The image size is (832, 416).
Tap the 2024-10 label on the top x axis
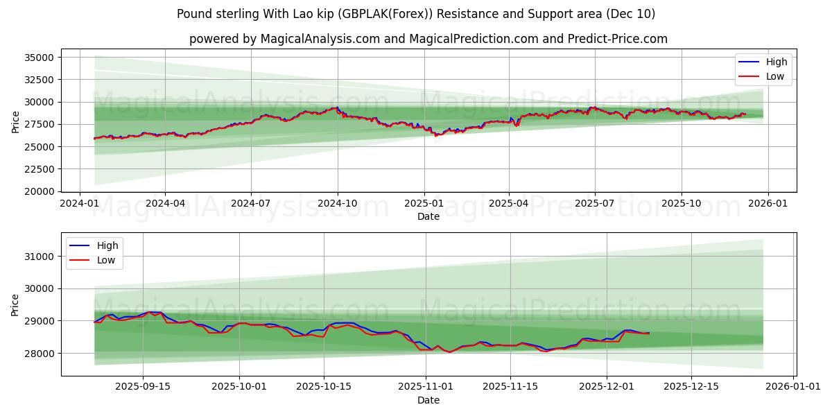coord(338,204)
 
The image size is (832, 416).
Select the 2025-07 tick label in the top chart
coord(594,204)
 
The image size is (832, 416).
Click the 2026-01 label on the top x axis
coord(767,204)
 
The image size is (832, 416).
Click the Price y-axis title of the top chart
coord(16,121)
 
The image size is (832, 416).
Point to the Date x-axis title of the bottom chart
coord(428,400)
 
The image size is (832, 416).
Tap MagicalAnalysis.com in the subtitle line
coord(320,39)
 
